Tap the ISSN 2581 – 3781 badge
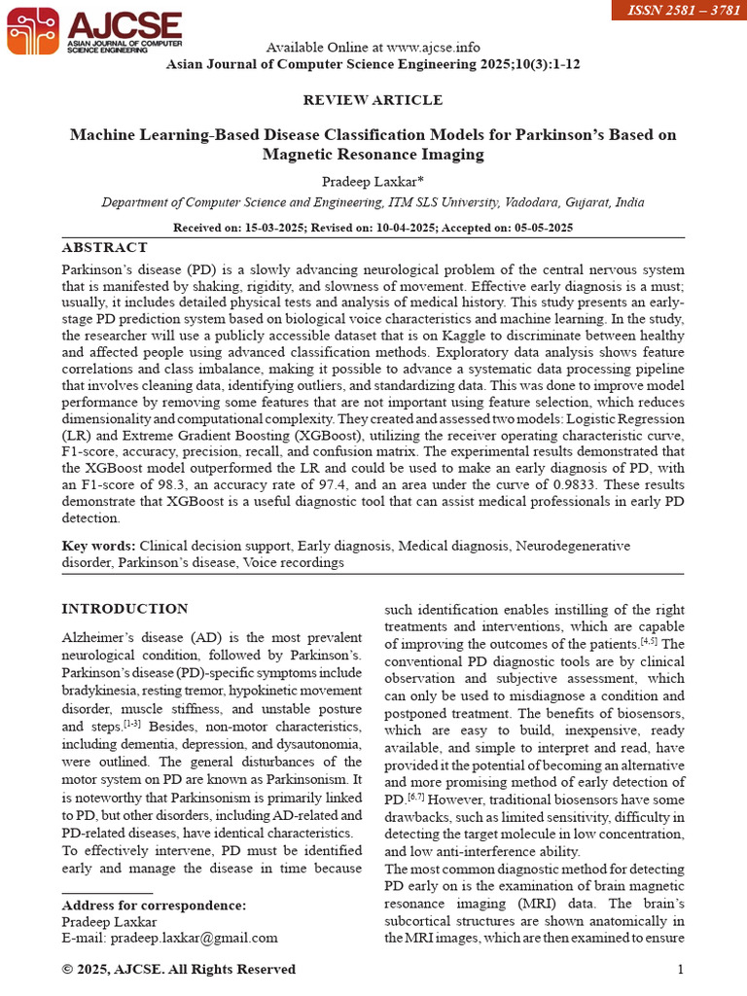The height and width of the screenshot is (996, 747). pos(679,11)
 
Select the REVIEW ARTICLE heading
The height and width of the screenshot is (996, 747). pos(373,100)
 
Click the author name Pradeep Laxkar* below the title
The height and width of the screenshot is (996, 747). pos(373,181)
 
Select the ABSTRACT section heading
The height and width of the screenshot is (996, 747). pos(104,248)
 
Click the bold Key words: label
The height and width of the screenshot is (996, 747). pos(99,547)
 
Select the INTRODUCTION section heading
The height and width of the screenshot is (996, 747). pos(124,609)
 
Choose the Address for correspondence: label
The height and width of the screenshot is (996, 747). pos(154,906)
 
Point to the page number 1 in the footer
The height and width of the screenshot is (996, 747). pos(680,969)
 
